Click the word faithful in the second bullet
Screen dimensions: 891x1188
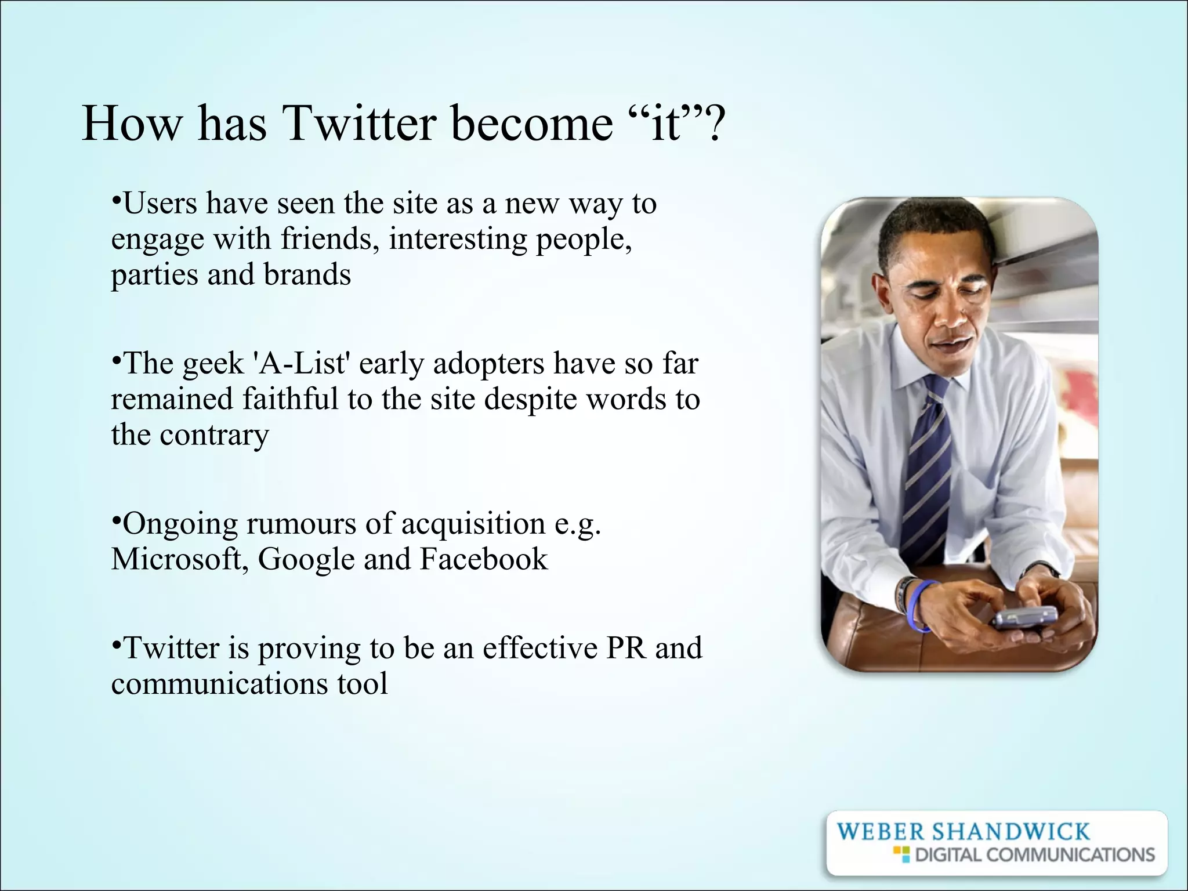tap(289, 399)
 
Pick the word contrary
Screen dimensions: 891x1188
tap(214, 435)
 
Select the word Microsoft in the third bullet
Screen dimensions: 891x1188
tap(176, 559)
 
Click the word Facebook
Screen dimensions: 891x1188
tap(483, 559)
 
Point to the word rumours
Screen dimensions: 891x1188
tap(300, 524)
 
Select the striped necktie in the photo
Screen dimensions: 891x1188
tap(928, 464)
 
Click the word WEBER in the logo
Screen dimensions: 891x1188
tap(880, 832)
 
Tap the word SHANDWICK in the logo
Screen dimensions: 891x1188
tap(1011, 832)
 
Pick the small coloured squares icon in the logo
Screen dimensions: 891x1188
tap(900, 854)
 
